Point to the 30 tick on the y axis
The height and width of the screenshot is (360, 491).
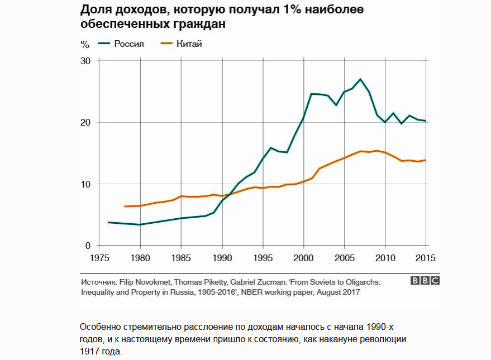pos(85,61)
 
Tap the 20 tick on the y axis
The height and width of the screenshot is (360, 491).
pos(85,123)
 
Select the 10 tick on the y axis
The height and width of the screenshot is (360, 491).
pos(85,184)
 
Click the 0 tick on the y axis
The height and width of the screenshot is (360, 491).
pos(88,246)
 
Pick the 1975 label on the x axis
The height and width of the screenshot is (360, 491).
pos(99,258)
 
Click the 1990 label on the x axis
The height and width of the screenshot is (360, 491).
pos(222,258)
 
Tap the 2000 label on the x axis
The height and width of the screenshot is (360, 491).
pos(303,258)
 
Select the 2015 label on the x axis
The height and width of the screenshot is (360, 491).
pos(426,258)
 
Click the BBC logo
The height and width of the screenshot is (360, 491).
pos(425,281)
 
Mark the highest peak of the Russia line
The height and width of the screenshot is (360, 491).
pos(360,79)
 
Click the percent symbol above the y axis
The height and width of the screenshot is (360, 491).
pos(85,44)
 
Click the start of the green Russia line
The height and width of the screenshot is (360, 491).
pos(108,222)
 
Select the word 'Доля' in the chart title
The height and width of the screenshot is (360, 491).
pos(96,11)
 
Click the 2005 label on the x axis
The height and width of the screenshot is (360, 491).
pos(344,258)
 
